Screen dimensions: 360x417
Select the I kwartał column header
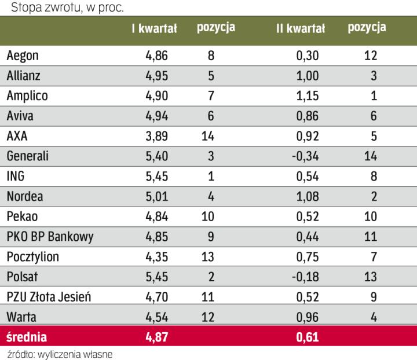click(x=154, y=28)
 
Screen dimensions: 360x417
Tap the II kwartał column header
click(x=301, y=28)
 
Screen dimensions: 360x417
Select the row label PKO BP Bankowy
click(x=50, y=236)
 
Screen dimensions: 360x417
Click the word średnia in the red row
click(x=27, y=337)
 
